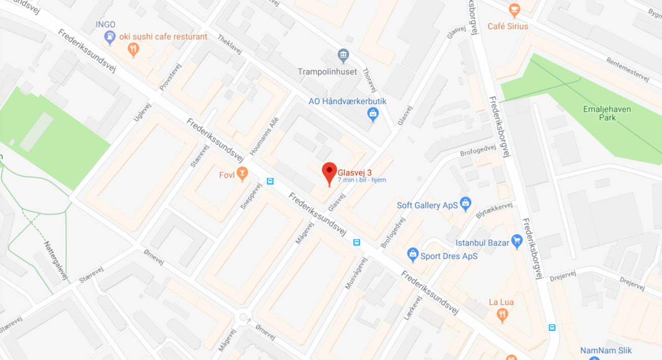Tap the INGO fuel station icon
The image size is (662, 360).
click(x=109, y=36)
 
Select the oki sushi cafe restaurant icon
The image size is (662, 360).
click(x=134, y=49)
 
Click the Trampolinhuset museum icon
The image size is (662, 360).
click(x=343, y=55)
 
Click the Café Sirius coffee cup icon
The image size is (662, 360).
click(x=514, y=9)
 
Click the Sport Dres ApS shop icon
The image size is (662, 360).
click(x=412, y=253)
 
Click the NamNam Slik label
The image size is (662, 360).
click(x=606, y=351)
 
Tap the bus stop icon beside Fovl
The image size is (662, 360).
click(x=270, y=181)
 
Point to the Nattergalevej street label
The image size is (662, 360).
click(x=57, y=260)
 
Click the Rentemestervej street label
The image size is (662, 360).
click(x=627, y=69)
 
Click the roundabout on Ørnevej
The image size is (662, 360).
click(x=243, y=318)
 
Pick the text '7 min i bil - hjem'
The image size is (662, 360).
click(x=362, y=180)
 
